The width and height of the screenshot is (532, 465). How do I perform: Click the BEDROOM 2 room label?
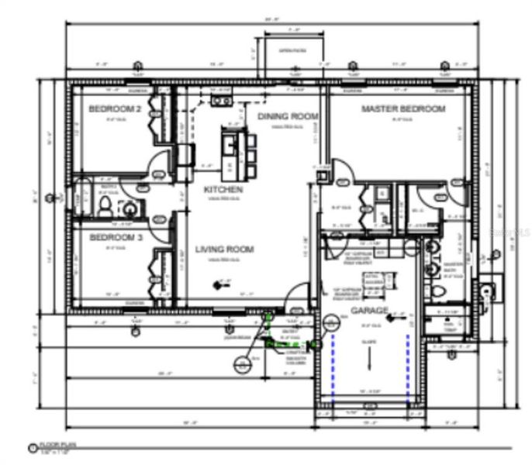pyautogui.click(x=115, y=110)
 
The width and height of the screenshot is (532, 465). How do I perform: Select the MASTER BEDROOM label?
pyautogui.click(x=403, y=109)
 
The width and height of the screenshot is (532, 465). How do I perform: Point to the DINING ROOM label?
pyautogui.click(x=288, y=116)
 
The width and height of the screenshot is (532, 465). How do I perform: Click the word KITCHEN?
pyautogui.click(x=223, y=190)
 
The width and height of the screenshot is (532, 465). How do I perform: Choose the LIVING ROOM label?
pyautogui.click(x=225, y=250)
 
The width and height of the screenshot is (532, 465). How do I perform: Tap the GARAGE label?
pyautogui.click(x=369, y=311)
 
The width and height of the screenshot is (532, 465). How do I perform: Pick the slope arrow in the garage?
pyautogui.click(x=370, y=358)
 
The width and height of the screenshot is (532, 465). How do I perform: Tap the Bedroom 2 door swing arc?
pyautogui.click(x=159, y=165)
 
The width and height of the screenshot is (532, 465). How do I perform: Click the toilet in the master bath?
pyautogui.click(x=439, y=291)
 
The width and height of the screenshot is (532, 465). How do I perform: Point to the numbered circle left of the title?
pyautogui.click(x=33, y=447)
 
